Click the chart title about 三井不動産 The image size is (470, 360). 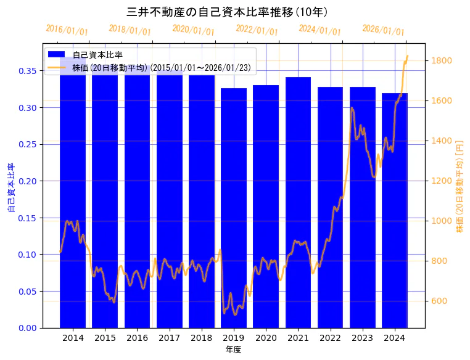[226, 12]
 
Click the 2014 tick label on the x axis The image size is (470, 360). [73, 338]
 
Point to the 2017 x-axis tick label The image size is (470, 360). [169, 338]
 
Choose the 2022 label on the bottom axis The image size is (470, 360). [330, 338]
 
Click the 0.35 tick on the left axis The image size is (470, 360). [27, 71]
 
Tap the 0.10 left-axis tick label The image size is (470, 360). [27, 255]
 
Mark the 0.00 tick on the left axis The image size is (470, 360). [27, 328]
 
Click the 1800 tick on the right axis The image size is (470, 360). [442, 60]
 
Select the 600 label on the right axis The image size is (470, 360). [440, 301]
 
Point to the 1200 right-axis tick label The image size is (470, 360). [442, 181]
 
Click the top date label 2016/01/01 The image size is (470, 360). [67, 30]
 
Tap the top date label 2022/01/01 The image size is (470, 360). [257, 30]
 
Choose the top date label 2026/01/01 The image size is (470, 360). [383, 30]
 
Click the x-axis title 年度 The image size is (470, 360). [233, 350]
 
